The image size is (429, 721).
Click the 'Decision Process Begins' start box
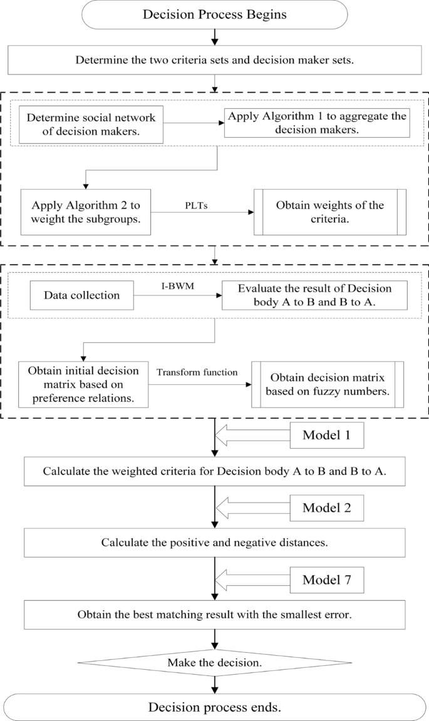214,14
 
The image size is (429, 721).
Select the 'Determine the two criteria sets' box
214,61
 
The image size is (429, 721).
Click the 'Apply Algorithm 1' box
317,123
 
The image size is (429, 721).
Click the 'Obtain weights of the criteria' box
329,212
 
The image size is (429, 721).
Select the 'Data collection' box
82,295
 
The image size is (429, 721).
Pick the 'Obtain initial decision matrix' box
83,384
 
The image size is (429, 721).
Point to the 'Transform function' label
197,372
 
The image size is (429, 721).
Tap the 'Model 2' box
326,508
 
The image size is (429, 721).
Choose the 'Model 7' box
326,580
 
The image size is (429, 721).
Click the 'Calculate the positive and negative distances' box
214,542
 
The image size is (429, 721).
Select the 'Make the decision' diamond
214,662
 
